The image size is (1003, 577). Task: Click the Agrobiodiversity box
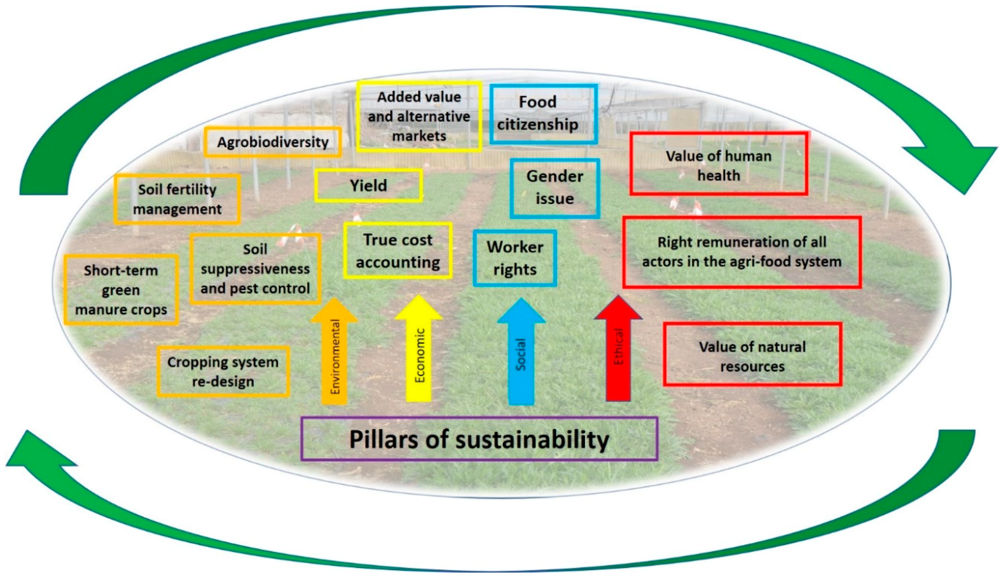click(273, 142)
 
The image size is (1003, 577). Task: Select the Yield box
click(368, 185)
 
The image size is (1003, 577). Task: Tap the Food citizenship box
click(543, 113)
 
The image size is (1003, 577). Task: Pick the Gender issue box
click(554, 188)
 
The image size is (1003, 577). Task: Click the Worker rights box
click(515, 258)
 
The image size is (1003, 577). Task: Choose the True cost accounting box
click(398, 251)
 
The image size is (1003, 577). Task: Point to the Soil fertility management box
click(177, 199)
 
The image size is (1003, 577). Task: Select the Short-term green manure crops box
click(121, 290)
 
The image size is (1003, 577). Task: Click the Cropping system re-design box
click(223, 371)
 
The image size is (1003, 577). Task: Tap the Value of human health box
click(718, 164)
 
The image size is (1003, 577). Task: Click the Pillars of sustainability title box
click(479, 439)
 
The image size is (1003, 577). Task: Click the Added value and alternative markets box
click(419, 117)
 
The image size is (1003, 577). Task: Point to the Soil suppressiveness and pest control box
click(255, 269)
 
